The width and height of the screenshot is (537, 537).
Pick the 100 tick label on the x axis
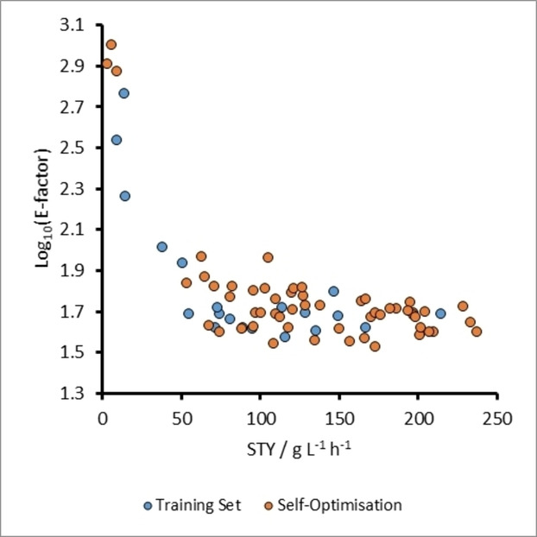tap(260, 420)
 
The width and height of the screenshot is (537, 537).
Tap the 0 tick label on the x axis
tap(102, 420)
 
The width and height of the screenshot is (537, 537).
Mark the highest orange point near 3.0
tap(111, 45)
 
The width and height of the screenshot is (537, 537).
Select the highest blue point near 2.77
tap(124, 93)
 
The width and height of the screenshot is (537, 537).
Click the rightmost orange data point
tap(477, 332)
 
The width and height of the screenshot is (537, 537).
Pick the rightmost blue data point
tap(440, 313)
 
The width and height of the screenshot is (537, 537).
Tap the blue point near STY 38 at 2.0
tap(161, 247)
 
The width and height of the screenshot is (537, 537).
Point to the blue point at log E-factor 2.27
tap(125, 196)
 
